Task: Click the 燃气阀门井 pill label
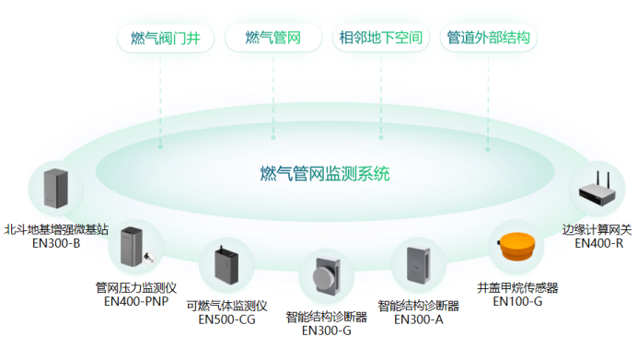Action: point(166,39)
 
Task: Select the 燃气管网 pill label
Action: point(273,39)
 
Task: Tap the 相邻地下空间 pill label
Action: point(381,39)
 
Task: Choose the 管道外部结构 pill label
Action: point(488,39)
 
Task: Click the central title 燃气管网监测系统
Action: point(325,172)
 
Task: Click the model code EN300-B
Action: point(56,244)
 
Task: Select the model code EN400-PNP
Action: point(135,300)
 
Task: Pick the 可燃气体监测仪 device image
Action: point(226,265)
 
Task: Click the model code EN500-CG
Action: point(226,319)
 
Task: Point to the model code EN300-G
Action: point(327,331)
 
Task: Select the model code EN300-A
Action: point(419,319)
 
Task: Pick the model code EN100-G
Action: point(517,300)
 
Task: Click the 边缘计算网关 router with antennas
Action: point(597,192)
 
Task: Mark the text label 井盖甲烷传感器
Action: point(517,287)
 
